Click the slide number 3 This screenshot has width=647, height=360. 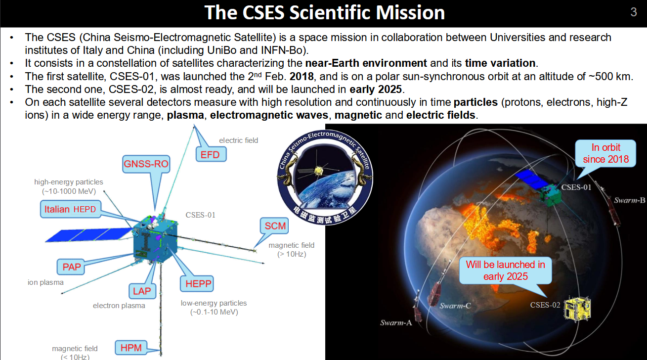[633, 12]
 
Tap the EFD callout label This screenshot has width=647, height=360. [211, 155]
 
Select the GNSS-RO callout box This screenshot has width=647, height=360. [146, 164]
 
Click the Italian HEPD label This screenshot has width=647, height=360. [71, 209]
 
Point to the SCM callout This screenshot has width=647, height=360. [275, 225]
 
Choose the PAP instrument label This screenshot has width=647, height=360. [71, 267]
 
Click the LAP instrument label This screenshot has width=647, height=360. [142, 291]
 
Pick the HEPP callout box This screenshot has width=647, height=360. [197, 283]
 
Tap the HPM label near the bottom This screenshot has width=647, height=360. [131, 348]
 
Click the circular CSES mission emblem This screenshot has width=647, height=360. [325, 177]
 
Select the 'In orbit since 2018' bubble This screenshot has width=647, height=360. [605, 153]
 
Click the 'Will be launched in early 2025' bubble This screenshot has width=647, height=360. [506, 270]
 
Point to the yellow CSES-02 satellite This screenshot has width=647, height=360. [577, 308]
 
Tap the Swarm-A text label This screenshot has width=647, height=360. [396, 322]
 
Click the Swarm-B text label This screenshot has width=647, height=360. [629, 200]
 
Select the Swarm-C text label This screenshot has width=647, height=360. [455, 306]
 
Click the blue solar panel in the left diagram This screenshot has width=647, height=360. [88, 234]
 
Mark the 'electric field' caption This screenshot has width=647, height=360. [239, 140]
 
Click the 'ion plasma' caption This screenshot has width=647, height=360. [45, 282]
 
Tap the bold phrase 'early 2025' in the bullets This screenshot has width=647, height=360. [376, 90]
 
